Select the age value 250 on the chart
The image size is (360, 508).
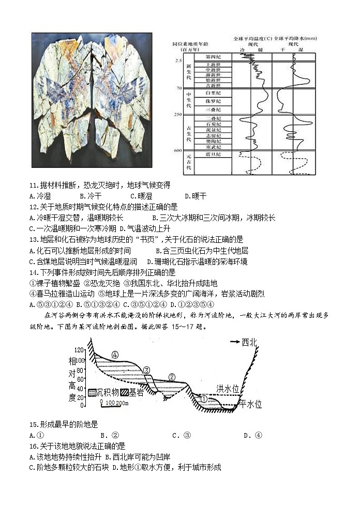pos(178,114)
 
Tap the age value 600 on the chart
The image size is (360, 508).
pos(178,150)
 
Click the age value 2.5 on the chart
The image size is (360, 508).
pos(178,61)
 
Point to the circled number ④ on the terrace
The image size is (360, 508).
pos(115,355)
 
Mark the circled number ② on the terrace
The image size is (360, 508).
pos(172,376)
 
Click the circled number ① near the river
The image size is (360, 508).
pos(204,399)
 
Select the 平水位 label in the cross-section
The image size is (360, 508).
pos(250,404)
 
